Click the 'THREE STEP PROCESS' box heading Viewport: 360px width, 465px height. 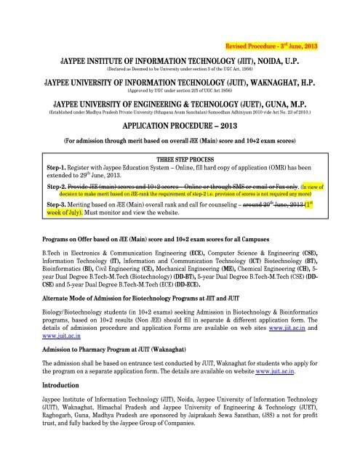[180, 158]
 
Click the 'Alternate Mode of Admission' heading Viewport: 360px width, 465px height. [144, 307]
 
